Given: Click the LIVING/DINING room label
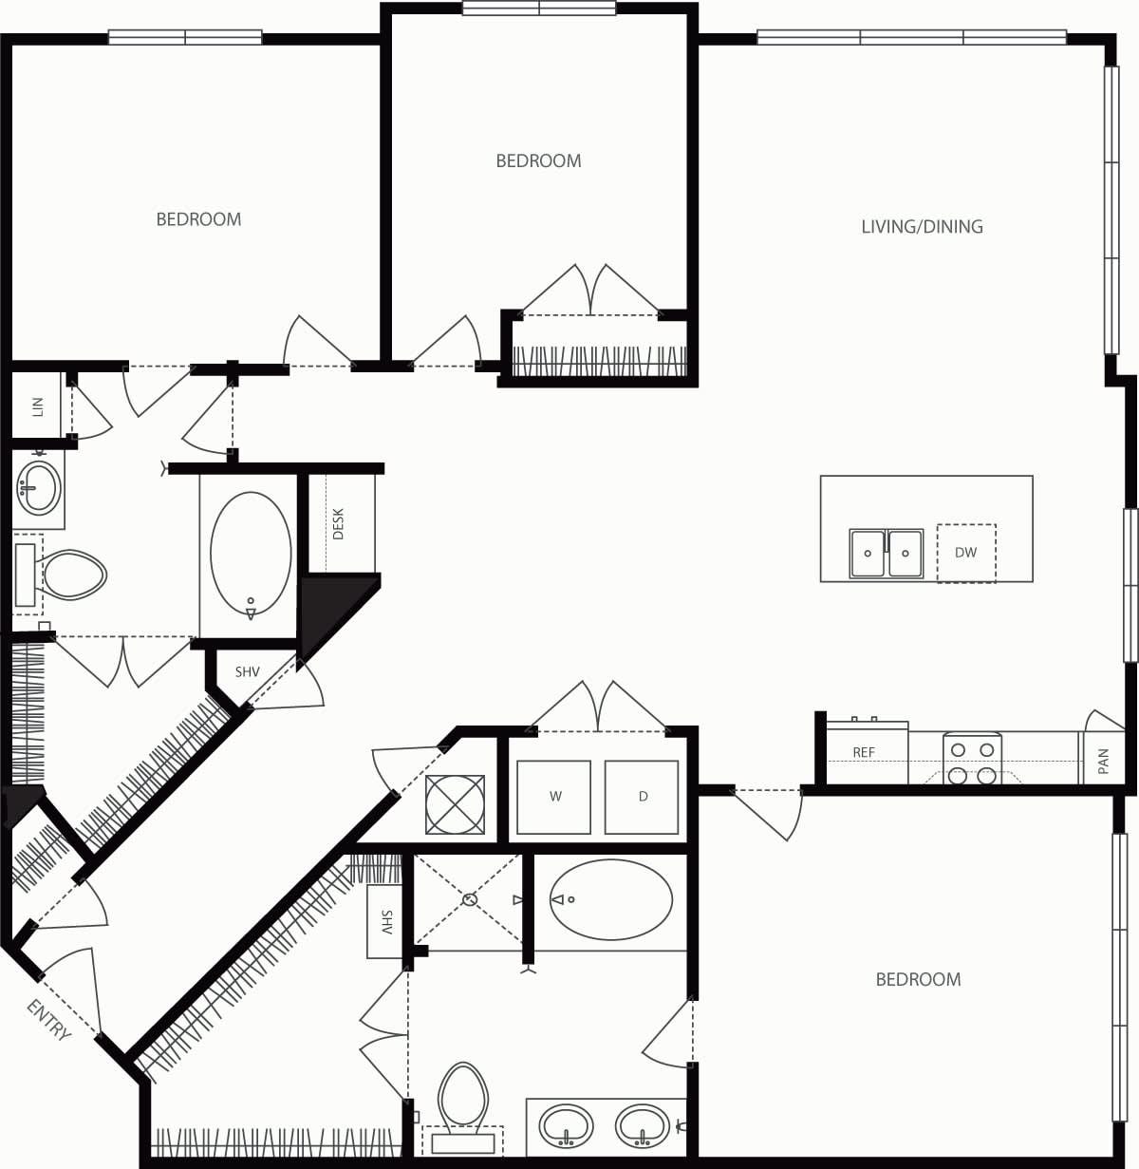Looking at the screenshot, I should pyautogui.click(x=922, y=226).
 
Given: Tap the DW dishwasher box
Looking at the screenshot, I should pyautogui.click(x=966, y=553).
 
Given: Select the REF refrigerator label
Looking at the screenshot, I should pyautogui.click(x=864, y=752).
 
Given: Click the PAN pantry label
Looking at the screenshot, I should pyautogui.click(x=1103, y=761).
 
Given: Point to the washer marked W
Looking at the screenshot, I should pyautogui.click(x=554, y=797).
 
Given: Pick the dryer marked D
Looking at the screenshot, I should pyautogui.click(x=643, y=797).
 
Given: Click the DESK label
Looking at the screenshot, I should pyautogui.click(x=339, y=524).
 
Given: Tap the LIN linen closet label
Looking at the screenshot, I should pyautogui.click(x=38, y=406).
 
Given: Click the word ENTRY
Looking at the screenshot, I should pyautogui.click(x=49, y=1021).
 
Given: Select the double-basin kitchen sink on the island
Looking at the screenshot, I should pyautogui.click(x=887, y=553).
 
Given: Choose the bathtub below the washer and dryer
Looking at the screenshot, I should pyautogui.click(x=610, y=899).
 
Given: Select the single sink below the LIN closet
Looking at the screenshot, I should pyautogui.click(x=38, y=488).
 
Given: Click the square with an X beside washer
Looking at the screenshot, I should pyautogui.click(x=455, y=804).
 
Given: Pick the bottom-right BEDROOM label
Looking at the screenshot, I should pyautogui.click(x=918, y=979).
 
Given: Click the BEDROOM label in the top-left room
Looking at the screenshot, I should pyautogui.click(x=198, y=219).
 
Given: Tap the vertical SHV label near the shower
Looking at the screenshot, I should pyautogui.click(x=386, y=922).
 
